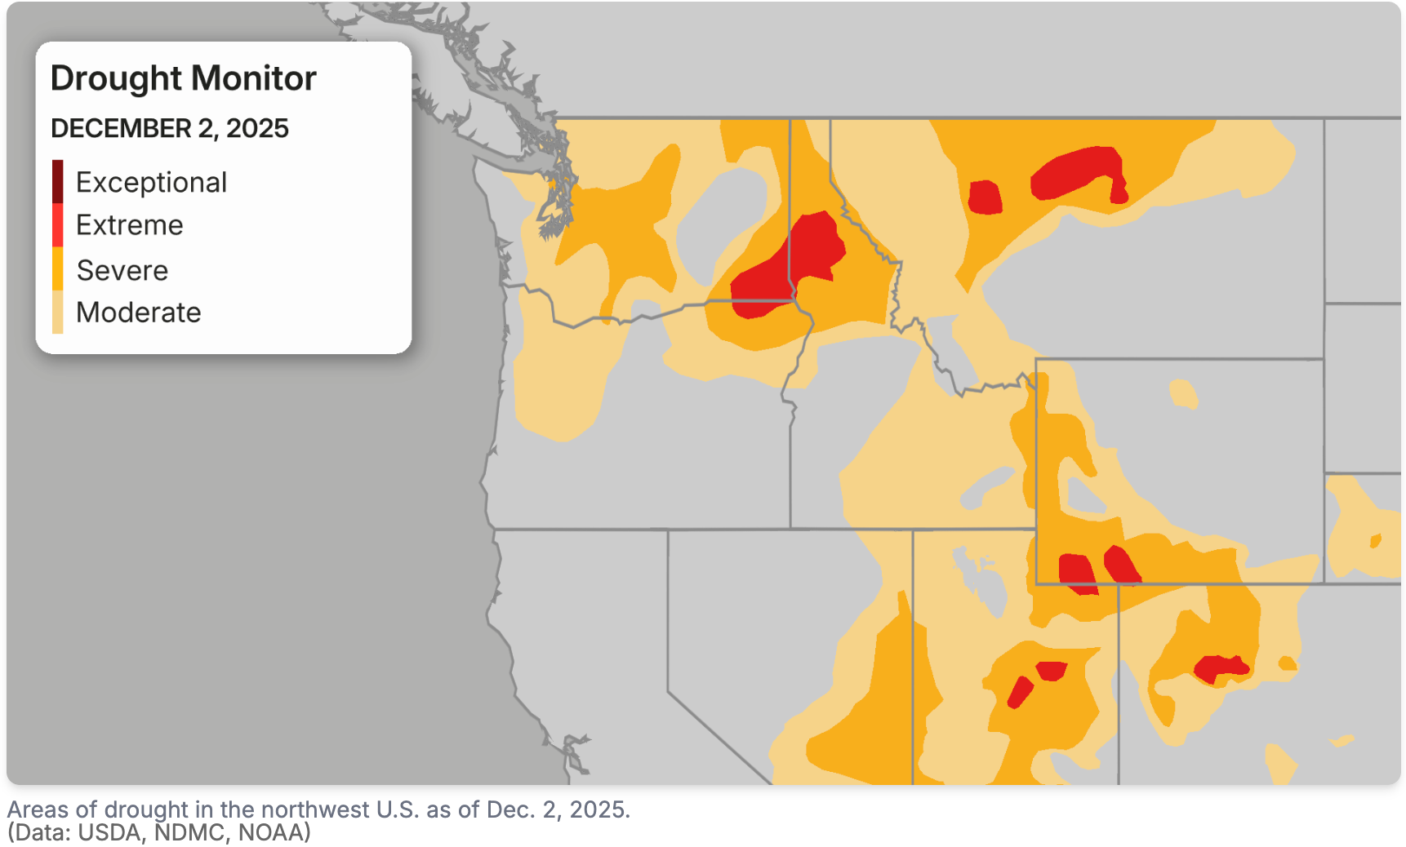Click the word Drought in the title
pos(116,79)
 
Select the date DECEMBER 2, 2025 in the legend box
pos(170,129)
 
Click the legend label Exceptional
pos(151,183)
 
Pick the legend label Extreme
pos(129,225)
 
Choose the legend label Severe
pos(122,270)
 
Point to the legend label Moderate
pos(138,313)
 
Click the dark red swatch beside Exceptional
pos(57,181)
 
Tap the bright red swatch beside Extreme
pos(57,225)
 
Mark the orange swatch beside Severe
pos(57,269)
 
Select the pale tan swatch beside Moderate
pos(57,313)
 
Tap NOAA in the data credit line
pos(270,832)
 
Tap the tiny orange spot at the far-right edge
pos(1375,540)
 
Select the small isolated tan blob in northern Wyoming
pos(1182,393)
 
